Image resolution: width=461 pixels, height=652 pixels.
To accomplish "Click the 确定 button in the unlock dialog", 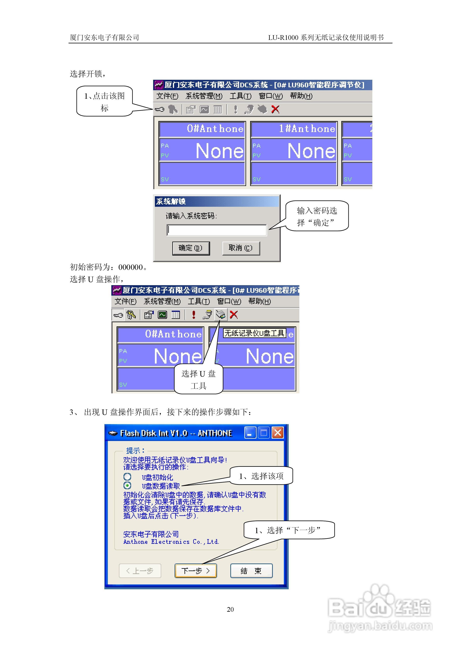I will click(191, 248).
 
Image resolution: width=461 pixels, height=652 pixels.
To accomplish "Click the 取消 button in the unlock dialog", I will click(241, 248).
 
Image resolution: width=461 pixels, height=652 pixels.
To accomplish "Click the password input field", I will click(216, 230).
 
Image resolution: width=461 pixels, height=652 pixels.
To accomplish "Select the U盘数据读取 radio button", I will click(127, 486).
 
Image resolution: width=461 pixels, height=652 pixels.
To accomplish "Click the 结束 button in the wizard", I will click(251, 571).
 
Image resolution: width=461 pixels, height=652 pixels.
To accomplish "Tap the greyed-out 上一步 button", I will click(140, 571).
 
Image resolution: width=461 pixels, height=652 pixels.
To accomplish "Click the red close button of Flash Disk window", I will click(277, 433).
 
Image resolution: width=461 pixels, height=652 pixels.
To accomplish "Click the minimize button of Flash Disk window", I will click(250, 433).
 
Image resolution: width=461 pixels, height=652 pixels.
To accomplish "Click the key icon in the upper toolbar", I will click(160, 109).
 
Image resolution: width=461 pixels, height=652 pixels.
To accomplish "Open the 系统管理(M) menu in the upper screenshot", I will click(204, 96).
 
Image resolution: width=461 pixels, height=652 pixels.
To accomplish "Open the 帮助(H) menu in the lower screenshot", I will click(259, 301).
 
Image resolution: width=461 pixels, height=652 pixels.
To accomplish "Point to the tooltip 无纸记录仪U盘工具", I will click(254, 333).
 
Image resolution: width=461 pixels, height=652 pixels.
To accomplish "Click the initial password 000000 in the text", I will click(130, 267).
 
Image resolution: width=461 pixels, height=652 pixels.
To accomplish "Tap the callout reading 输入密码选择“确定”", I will click(317, 216).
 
